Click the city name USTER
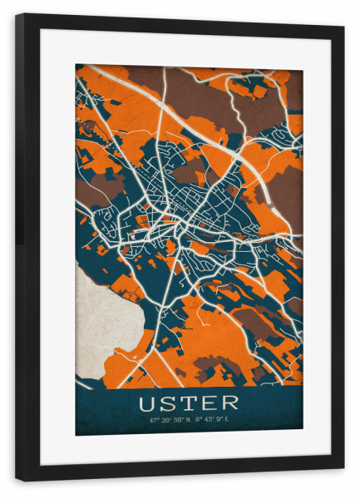tap(189, 403)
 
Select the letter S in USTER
tap(170, 403)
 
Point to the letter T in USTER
tap(190, 403)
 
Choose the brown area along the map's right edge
tap(287, 200)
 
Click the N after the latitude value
tap(189, 420)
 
